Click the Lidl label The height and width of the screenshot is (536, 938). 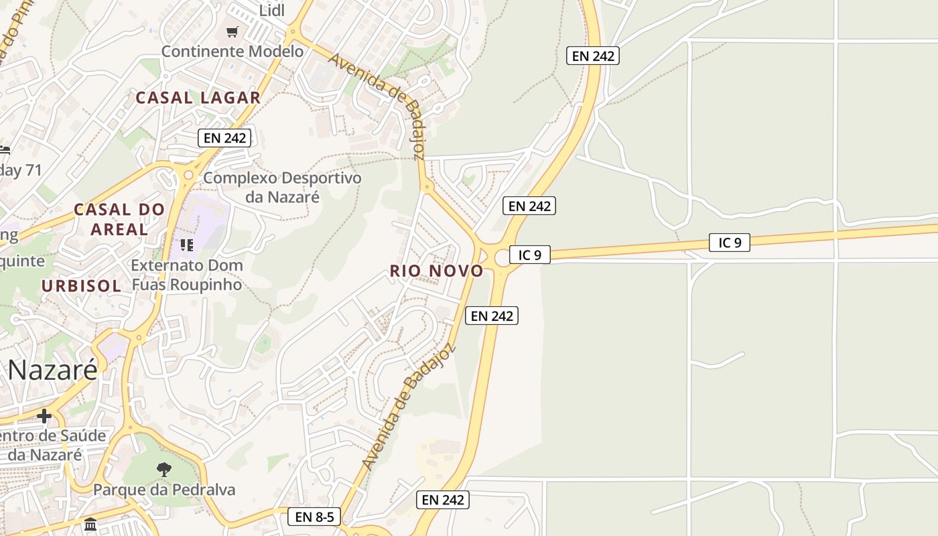tap(272, 10)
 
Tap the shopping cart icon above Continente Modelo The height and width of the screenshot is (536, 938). tap(232, 31)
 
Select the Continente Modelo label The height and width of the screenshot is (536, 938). tap(232, 51)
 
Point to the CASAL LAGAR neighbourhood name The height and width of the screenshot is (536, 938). tap(198, 98)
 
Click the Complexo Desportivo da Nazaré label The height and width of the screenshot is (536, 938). tap(282, 187)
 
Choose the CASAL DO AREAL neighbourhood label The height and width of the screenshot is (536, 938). tap(119, 219)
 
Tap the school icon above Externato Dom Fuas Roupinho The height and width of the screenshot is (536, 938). tap(186, 245)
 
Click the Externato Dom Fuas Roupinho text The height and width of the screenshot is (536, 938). tap(186, 274)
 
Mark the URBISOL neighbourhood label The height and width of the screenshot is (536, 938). tap(81, 286)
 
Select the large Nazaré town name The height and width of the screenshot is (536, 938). tap(53, 370)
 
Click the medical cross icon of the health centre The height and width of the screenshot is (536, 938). tap(44, 416)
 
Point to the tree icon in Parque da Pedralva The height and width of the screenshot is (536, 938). tap(163, 469)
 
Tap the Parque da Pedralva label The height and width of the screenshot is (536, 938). tap(164, 490)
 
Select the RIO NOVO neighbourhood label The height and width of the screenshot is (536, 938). tap(436, 271)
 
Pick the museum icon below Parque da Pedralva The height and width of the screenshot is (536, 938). tap(90, 524)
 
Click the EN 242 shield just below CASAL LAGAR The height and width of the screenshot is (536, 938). tap(224, 138)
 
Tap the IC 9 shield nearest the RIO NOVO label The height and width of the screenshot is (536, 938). tap(529, 255)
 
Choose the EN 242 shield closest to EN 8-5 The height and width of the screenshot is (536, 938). tap(442, 500)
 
